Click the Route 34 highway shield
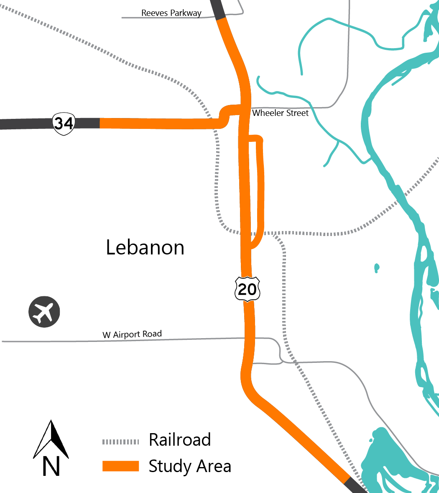click(64, 123)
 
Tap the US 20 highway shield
click(247, 288)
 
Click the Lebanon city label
click(145, 248)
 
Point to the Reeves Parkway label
click(171, 13)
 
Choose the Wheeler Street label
click(280, 113)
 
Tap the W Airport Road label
click(132, 335)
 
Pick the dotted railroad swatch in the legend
click(120, 442)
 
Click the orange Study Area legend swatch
click(120, 466)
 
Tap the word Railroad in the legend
click(180, 440)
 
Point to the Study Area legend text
click(190, 466)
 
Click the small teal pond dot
click(377, 267)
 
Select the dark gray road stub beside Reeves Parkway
click(217, 8)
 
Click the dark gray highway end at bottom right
click(355, 485)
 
